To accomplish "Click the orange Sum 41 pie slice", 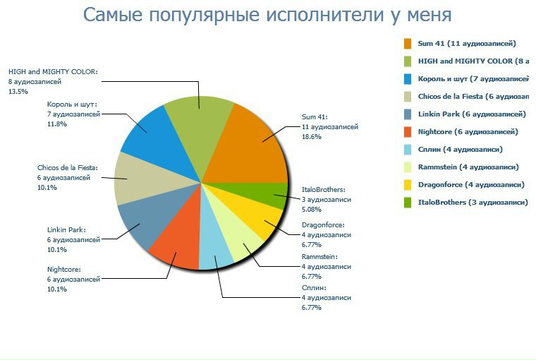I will (250, 145).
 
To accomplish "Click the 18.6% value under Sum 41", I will (311, 137).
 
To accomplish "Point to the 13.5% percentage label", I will (18, 92).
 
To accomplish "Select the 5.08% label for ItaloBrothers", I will (312, 210).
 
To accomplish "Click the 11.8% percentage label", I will (56, 124).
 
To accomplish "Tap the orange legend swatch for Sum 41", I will (408, 43).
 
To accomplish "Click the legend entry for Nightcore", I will (468, 131).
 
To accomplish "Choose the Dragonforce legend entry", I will (470, 184).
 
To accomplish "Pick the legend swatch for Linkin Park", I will (408, 114).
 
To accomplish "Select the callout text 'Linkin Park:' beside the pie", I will (66, 229).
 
